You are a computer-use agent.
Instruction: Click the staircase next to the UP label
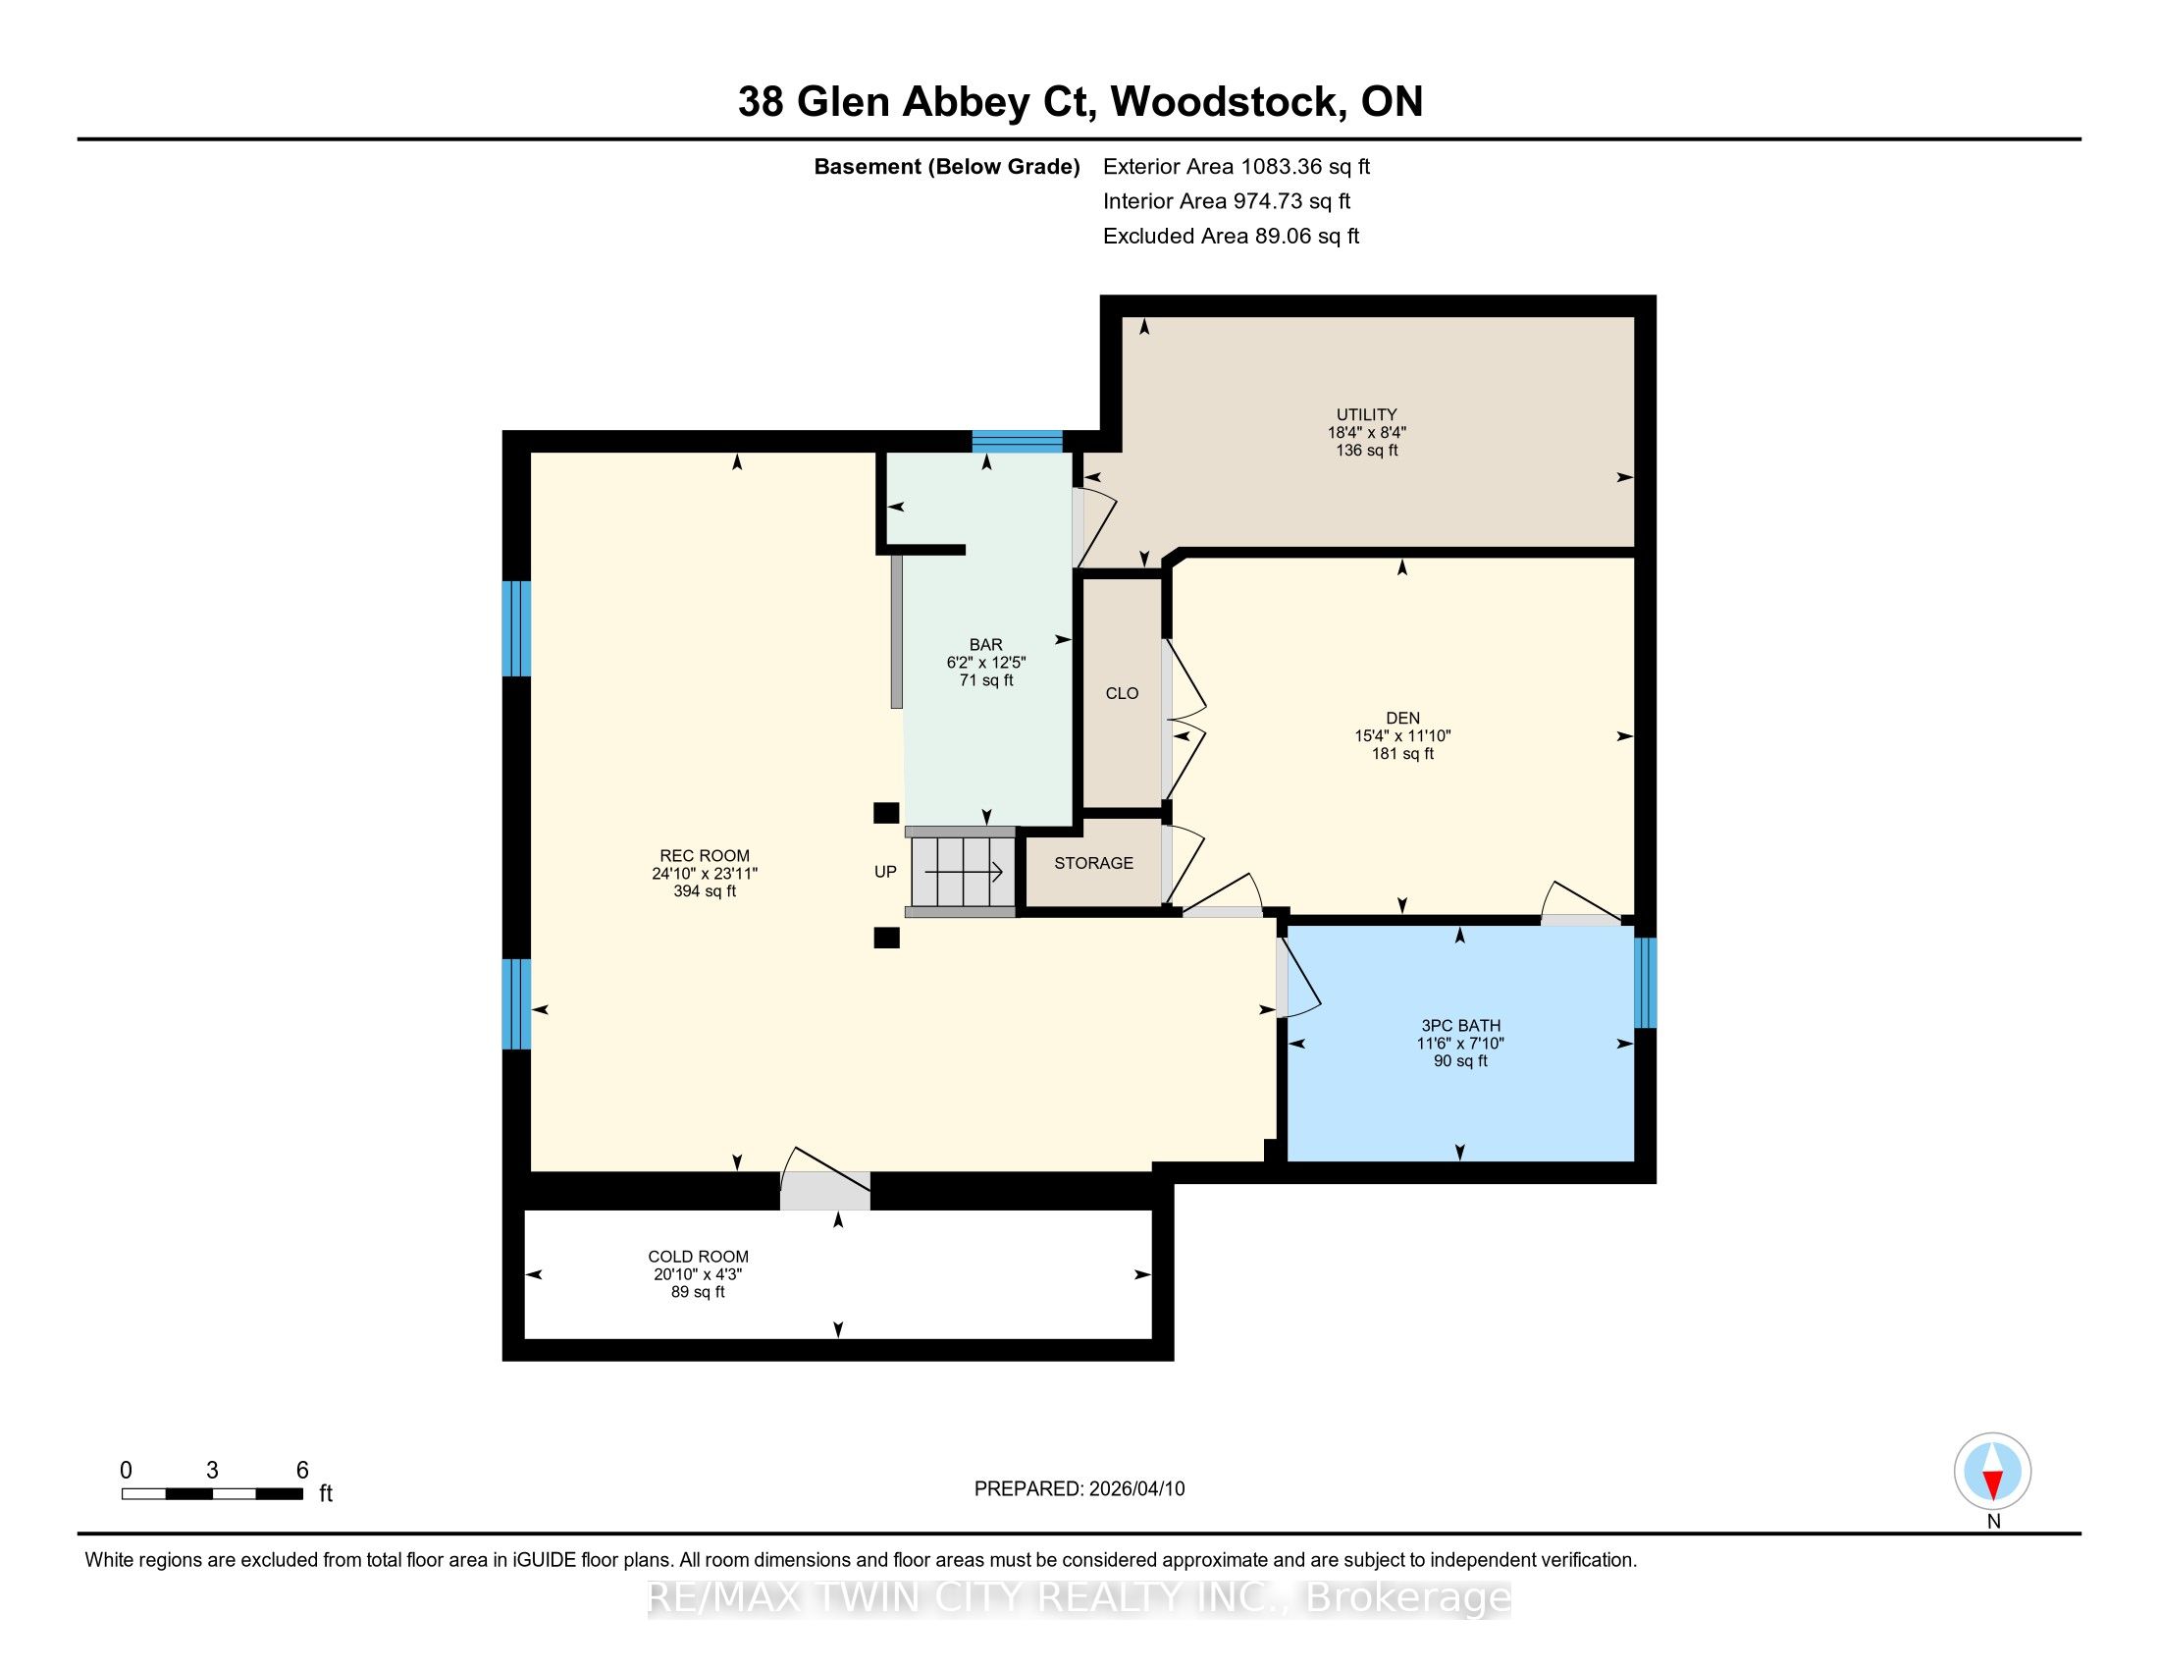[x=962, y=872]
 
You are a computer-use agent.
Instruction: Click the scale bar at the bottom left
[x=213, y=1493]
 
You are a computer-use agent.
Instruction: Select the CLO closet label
[x=1122, y=693]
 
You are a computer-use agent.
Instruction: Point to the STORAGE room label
[x=1093, y=863]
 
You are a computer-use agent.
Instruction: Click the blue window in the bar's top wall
[x=1018, y=441]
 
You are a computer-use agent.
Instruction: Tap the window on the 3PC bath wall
[x=1645, y=983]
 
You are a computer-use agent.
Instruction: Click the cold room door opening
[x=825, y=1191]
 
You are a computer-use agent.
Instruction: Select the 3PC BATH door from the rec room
[x=1284, y=978]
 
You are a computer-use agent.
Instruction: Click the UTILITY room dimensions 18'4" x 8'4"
[x=1366, y=432]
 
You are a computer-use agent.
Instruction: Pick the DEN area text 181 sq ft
[x=1401, y=753]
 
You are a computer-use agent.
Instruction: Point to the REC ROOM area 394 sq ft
[x=704, y=890]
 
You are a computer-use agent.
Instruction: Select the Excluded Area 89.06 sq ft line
[x=1231, y=236]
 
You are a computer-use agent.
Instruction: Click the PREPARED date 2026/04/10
[x=1135, y=1488]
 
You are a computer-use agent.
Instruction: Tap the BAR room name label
[x=985, y=645]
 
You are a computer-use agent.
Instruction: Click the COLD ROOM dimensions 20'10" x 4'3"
[x=698, y=1274]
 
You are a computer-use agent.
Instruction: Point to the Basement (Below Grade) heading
[x=946, y=166]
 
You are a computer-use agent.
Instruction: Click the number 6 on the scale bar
[x=302, y=1470]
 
